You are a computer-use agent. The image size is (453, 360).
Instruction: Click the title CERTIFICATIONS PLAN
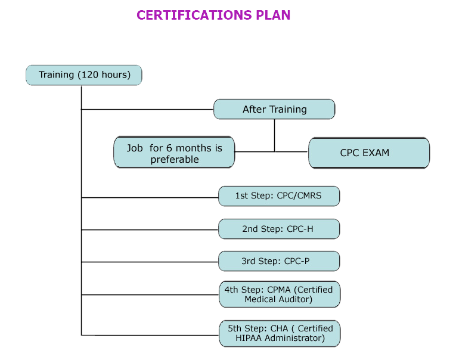click(x=213, y=15)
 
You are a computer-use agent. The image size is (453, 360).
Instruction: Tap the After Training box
click(x=274, y=109)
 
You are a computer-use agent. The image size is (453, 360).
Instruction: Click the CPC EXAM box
click(x=368, y=153)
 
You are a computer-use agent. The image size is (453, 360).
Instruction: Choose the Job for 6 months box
click(x=174, y=153)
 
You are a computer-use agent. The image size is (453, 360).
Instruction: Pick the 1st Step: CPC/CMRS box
click(x=279, y=196)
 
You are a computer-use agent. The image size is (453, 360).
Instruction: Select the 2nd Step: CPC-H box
click(x=279, y=229)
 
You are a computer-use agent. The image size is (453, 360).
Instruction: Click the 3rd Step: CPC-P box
click(x=279, y=261)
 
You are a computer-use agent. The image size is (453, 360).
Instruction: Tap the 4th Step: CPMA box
click(x=279, y=294)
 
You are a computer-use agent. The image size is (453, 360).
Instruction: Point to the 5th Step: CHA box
click(x=279, y=333)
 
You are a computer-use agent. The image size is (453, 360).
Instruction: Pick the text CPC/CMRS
click(x=299, y=196)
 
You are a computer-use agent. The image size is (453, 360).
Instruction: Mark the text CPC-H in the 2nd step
click(x=300, y=229)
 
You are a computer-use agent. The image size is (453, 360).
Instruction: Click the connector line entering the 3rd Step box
click(x=149, y=261)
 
